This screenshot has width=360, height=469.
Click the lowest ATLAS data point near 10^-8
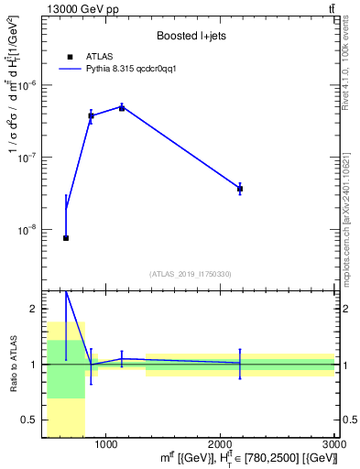(66, 238)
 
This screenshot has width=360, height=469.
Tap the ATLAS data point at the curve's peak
(122, 108)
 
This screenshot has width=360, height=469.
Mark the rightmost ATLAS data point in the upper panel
(240, 189)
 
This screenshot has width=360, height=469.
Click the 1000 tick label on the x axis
(106, 444)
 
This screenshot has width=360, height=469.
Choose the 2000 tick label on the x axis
(221, 444)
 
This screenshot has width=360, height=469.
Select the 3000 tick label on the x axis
(333, 444)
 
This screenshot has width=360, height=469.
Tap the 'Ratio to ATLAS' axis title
(12, 365)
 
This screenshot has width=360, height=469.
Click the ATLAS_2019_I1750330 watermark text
(191, 274)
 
